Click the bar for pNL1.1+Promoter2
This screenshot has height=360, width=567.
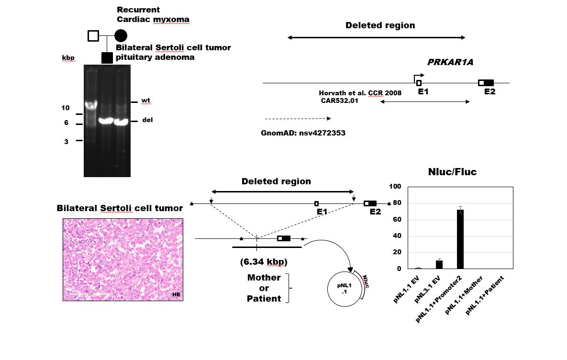460,239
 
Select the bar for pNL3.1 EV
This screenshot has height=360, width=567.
439,264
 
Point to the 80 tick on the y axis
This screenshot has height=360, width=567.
397,202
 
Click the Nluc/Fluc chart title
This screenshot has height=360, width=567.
452,172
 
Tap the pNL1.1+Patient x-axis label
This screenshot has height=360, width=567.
485,295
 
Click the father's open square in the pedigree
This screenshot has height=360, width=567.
93,36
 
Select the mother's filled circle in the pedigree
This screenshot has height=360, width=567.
121,36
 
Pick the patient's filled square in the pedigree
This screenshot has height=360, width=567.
107,58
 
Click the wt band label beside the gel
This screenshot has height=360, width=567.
146,101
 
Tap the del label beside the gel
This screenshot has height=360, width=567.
147,120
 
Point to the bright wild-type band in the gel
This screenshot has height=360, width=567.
91,104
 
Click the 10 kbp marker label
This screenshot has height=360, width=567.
66,108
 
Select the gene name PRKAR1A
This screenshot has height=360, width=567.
450,62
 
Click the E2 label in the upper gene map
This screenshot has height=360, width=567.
489,91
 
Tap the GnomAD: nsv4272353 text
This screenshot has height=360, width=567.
303,133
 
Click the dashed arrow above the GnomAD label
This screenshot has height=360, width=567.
298,118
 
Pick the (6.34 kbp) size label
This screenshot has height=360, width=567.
264,262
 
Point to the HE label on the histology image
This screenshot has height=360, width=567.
176,294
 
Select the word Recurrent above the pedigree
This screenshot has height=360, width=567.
138,10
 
